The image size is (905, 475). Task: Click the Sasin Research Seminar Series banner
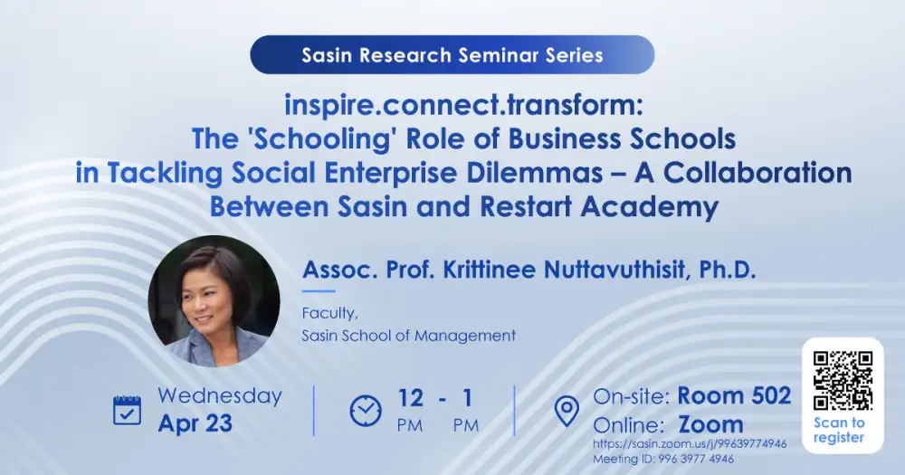[x=452, y=55]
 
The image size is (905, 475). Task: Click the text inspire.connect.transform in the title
[x=462, y=105]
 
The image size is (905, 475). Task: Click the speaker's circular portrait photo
[x=214, y=301]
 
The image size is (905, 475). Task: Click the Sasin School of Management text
[x=409, y=336]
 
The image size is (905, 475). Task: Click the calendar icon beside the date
[x=127, y=410]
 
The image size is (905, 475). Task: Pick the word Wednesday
[x=220, y=396]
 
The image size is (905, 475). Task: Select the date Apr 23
[x=195, y=423]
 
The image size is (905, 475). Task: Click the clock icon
[x=366, y=411]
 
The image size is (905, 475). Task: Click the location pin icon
[x=567, y=411]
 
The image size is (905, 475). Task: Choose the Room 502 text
[x=734, y=395]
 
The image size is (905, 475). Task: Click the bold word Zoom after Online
[x=710, y=423]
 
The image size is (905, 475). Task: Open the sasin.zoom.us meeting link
[x=690, y=444]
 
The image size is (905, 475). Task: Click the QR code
[x=842, y=379]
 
